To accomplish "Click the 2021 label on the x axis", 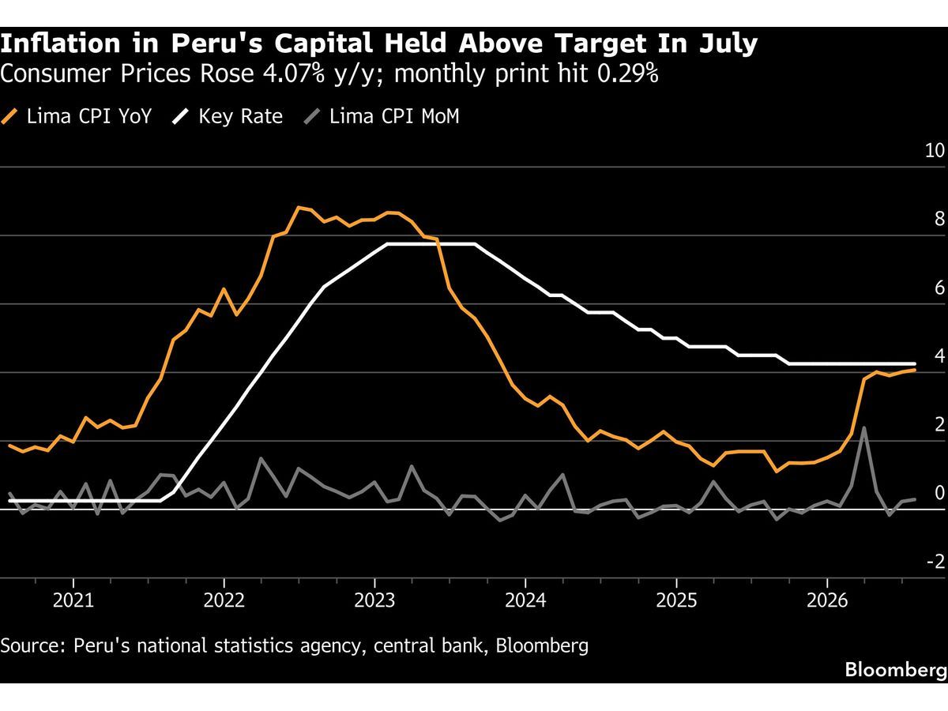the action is [x=73, y=600].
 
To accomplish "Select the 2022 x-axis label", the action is [x=224, y=600].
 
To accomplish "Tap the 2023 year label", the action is [x=375, y=600].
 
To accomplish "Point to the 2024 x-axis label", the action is [x=525, y=600].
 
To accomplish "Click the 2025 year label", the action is [x=676, y=600].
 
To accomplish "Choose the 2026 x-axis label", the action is [x=827, y=600].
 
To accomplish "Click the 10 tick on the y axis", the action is [x=935, y=150].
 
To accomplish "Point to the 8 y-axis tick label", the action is [x=940, y=219].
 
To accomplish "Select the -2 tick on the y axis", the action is [x=936, y=561].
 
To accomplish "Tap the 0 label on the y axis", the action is [x=940, y=492].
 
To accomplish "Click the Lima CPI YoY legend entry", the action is [x=77, y=117].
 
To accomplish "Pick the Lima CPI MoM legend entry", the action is [x=382, y=117].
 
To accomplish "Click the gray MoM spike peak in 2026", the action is [x=863, y=427].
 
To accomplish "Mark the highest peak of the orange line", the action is [x=299, y=207].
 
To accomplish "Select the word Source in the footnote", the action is [x=32, y=645].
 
